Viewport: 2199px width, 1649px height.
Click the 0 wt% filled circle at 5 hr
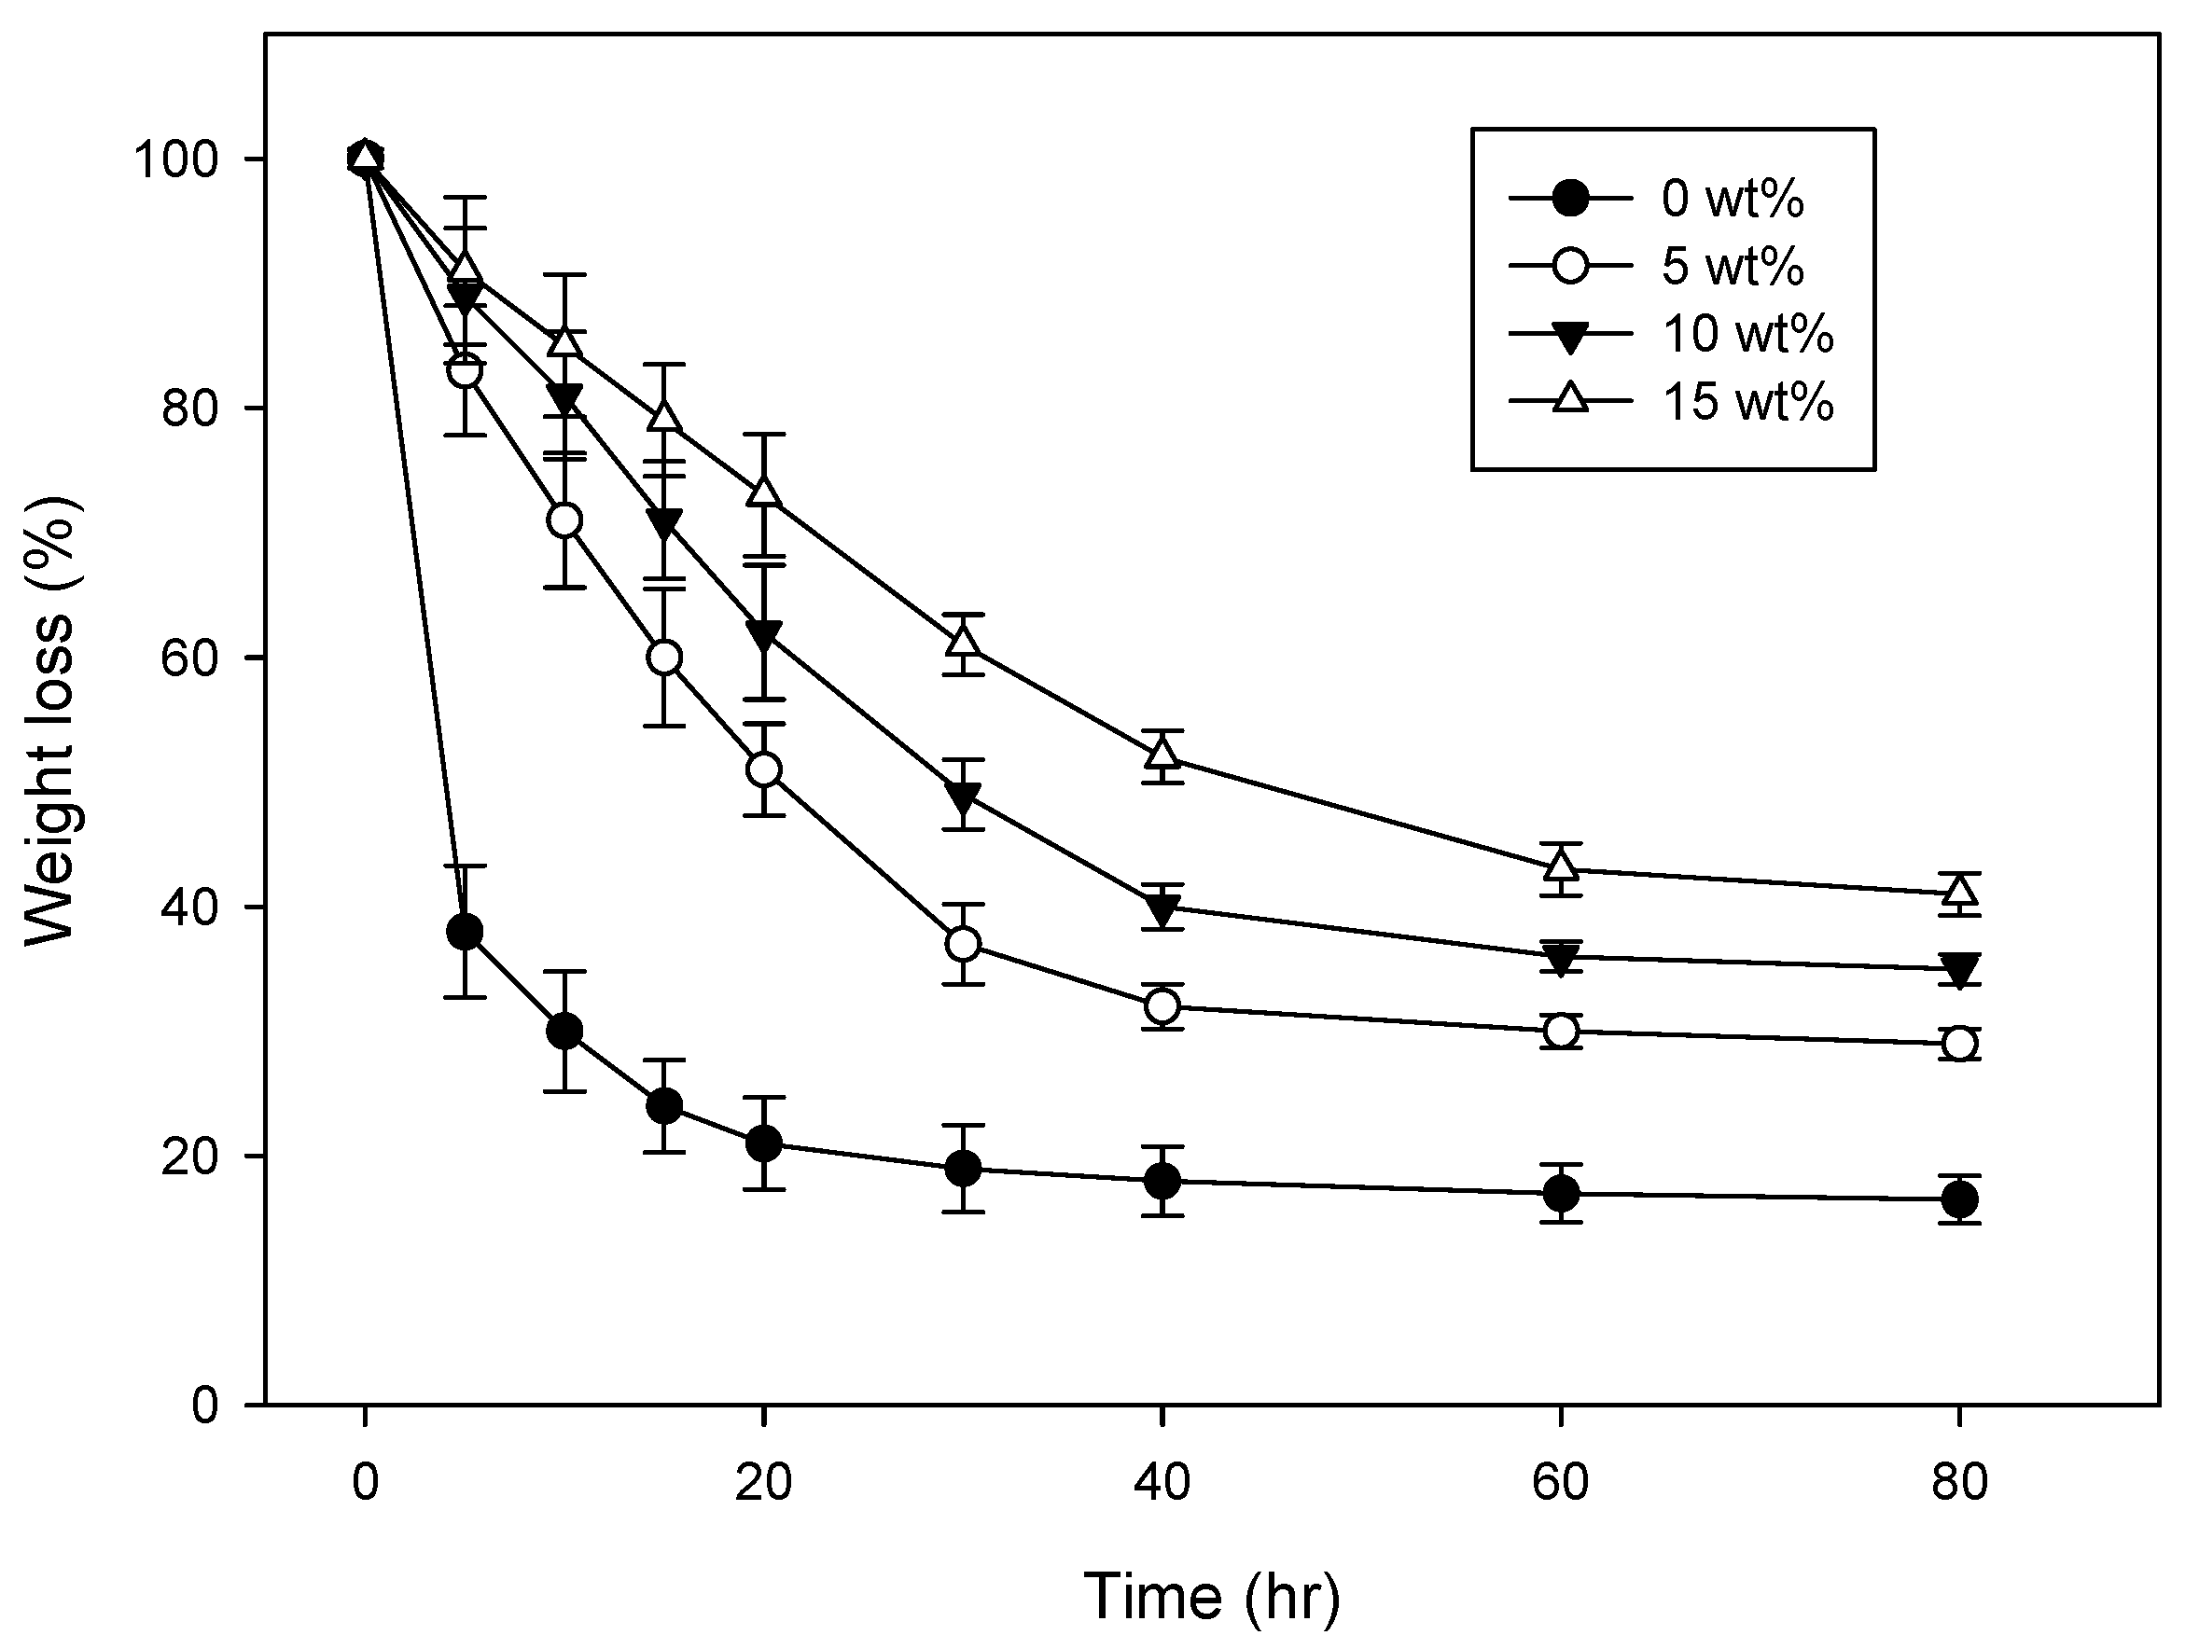466,933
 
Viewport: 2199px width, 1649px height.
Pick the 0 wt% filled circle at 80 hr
1958,1199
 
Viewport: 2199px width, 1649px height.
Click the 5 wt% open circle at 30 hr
962,943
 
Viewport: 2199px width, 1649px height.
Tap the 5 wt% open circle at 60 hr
1561,1032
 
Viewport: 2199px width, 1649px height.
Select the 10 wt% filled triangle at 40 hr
1162,908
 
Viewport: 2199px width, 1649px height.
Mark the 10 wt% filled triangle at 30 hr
962,797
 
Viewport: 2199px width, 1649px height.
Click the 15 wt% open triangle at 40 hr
1162,755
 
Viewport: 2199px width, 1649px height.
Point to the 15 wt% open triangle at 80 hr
1958,891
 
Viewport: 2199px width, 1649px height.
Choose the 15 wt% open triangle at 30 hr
962,642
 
